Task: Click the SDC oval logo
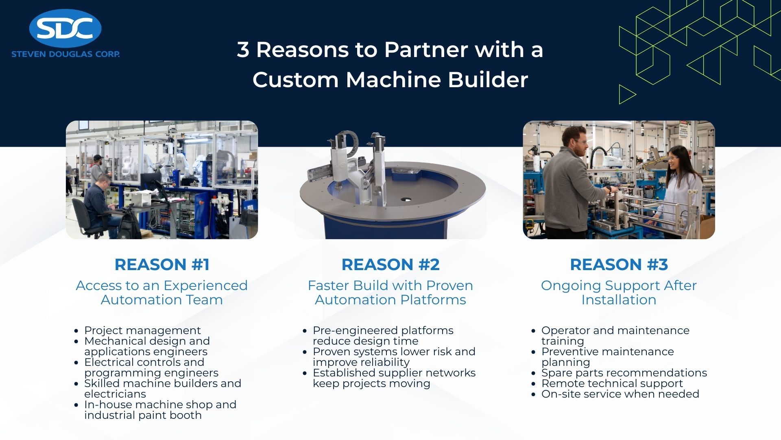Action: click(x=65, y=29)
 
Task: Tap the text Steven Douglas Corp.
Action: click(x=65, y=54)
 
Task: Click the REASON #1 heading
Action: click(x=162, y=264)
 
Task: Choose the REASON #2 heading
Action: click(x=390, y=264)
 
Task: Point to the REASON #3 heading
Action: click(x=619, y=264)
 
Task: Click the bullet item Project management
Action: click(x=142, y=330)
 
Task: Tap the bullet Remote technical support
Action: click(x=612, y=383)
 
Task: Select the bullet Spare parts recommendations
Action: click(x=624, y=373)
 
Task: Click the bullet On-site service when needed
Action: click(x=620, y=394)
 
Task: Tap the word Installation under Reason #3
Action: click(x=619, y=300)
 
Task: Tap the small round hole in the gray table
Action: click(x=406, y=200)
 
